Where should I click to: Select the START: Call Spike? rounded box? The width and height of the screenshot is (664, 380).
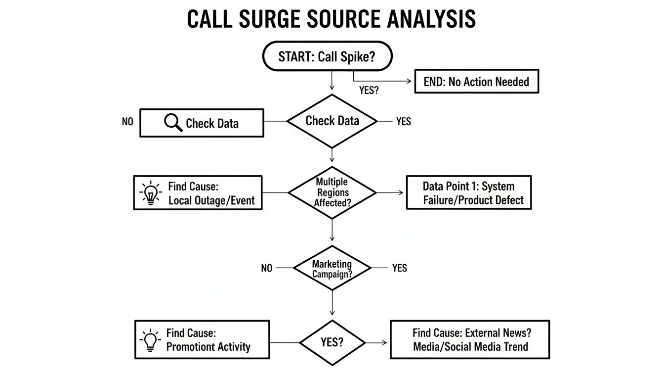(328, 56)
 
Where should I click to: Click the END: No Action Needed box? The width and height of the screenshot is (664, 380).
(476, 82)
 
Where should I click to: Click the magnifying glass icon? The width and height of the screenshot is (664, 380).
(173, 123)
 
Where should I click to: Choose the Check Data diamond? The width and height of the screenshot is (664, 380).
(332, 121)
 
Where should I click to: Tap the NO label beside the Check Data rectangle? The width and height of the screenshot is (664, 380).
(127, 121)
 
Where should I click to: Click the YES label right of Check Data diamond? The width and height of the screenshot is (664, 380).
(404, 121)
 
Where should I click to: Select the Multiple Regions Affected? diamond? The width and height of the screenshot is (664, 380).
(332, 192)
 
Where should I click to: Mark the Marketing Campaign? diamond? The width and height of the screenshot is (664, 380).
(332, 268)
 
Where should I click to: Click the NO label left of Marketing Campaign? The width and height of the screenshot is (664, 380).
(267, 268)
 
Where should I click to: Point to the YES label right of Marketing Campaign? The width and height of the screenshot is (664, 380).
(400, 268)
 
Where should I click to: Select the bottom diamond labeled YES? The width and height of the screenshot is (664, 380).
(332, 342)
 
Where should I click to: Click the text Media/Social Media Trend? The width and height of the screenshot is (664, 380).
(470, 347)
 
